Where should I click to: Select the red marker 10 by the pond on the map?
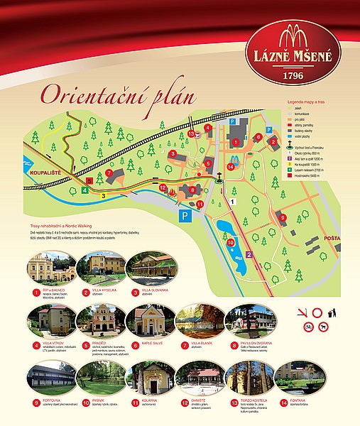pyautogui.click(x=231, y=242)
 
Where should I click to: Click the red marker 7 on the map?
pyautogui.click(x=109, y=173)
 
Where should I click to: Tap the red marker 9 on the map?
pyautogui.click(x=282, y=217)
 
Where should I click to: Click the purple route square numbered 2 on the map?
pyautogui.click(x=249, y=253)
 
